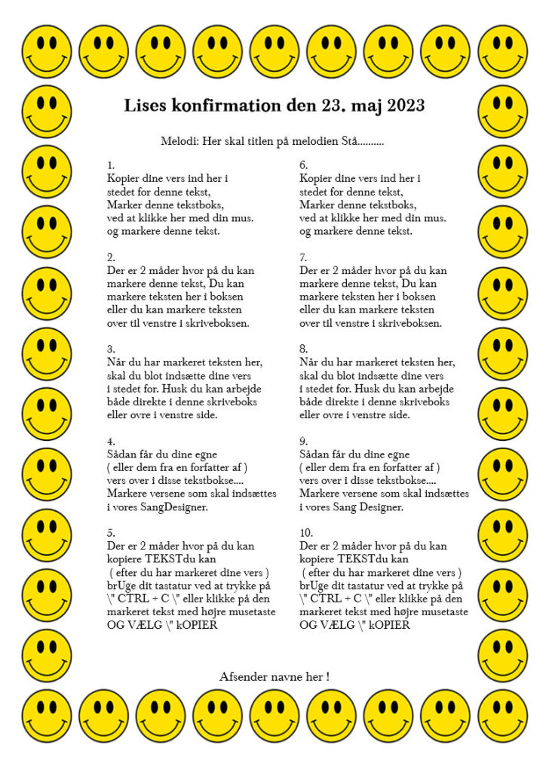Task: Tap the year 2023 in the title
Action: click(406, 104)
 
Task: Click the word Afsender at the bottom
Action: click(242, 676)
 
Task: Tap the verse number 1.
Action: click(110, 165)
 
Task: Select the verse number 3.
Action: click(110, 349)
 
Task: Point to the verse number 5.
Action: click(110, 532)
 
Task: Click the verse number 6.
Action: click(303, 165)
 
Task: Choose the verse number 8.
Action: click(303, 349)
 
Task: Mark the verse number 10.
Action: click(305, 532)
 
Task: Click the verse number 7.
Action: click(303, 257)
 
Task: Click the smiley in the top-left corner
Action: click(46, 52)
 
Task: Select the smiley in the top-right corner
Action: click(503, 52)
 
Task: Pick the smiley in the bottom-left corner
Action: click(46, 716)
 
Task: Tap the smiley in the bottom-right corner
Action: click(503, 716)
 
